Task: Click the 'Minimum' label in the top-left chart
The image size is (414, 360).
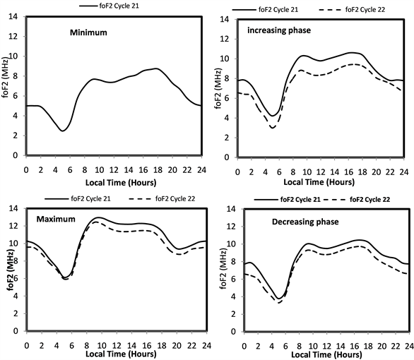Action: tap(88, 32)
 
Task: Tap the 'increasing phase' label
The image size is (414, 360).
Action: tap(279, 30)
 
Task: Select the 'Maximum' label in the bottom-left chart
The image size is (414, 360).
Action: tap(56, 219)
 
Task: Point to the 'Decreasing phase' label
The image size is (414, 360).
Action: tap(305, 222)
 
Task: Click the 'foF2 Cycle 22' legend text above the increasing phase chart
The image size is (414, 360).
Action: tap(365, 10)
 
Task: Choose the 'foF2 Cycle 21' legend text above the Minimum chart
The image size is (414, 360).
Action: tap(119, 6)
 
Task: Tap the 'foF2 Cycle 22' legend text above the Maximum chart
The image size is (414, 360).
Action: tap(175, 198)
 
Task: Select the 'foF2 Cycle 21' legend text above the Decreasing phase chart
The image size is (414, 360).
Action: tap(300, 200)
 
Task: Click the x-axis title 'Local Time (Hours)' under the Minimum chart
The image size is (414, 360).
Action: tap(121, 183)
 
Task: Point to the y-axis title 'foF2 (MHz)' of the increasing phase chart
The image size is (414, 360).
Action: tap(218, 88)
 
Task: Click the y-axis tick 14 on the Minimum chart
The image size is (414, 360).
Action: tap(13, 17)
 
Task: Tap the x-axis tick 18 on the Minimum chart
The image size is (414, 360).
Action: tap(158, 170)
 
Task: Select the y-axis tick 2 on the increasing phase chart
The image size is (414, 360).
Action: tap(226, 138)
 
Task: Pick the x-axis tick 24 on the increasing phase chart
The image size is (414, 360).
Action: tap(403, 172)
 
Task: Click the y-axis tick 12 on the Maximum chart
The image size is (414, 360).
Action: tap(13, 226)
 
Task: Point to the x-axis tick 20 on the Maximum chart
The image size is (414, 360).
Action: tap(177, 345)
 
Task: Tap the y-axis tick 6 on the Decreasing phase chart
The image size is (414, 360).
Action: tap(232, 279)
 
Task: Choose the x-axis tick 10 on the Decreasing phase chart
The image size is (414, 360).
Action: tap(313, 346)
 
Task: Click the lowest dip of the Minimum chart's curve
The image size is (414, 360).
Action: tap(63, 131)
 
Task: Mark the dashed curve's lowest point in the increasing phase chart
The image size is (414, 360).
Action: tap(272, 128)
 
